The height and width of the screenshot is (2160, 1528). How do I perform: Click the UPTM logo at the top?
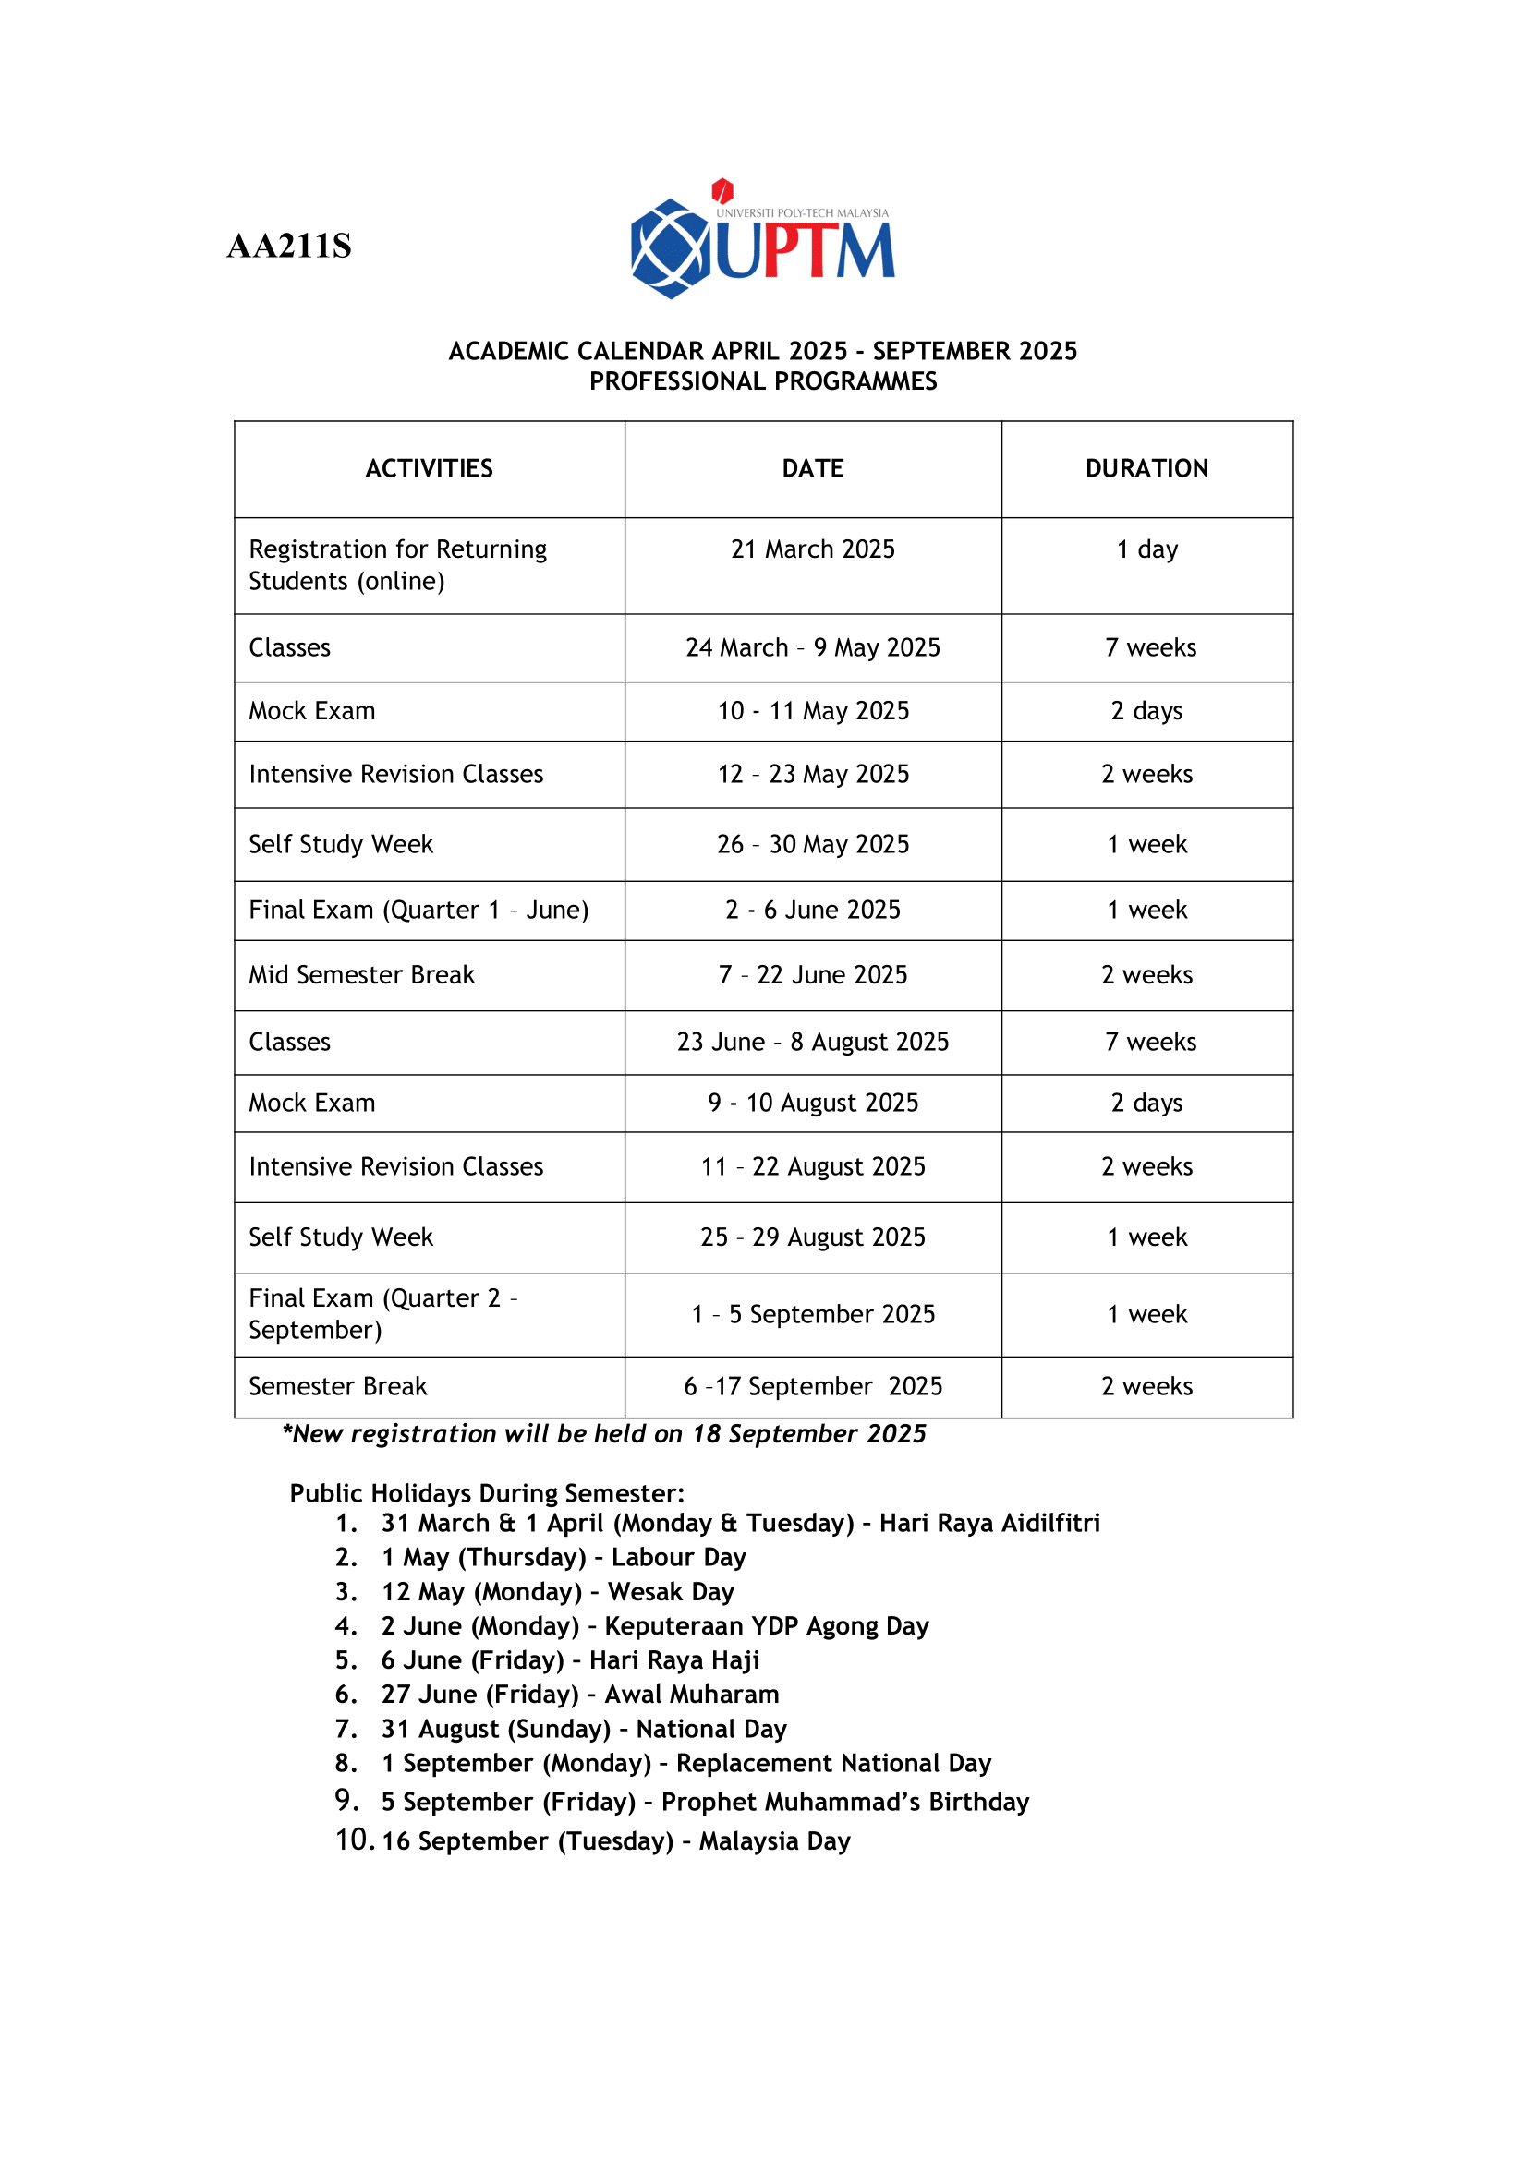pos(762,240)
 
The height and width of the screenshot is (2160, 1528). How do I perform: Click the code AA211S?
pos(289,247)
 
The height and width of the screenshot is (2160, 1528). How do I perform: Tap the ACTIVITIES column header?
pos(429,468)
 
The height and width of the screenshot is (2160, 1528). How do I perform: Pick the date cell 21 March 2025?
pos(813,549)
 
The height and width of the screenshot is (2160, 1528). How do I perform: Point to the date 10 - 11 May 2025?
pos(813,711)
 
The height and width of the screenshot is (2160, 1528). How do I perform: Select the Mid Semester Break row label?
pos(361,975)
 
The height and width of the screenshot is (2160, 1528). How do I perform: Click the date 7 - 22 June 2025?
pos(813,975)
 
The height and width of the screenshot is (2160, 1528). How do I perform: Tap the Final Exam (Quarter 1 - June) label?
pos(418,911)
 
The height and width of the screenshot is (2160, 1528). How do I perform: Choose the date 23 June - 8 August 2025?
pos(813,1043)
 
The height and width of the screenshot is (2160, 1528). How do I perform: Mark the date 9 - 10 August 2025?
pos(813,1104)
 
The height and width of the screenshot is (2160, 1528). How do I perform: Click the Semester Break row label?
pos(338,1387)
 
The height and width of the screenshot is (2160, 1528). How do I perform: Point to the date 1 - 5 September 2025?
pos(813,1315)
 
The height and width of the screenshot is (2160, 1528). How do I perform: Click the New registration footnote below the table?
pos(604,1435)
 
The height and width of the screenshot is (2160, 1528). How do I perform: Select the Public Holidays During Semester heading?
pos(487,1494)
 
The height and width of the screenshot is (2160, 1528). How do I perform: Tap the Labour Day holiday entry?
pos(563,1558)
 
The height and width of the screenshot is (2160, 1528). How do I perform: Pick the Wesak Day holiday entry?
pos(557,1593)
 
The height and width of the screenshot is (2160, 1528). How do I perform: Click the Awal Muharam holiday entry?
pos(579,1695)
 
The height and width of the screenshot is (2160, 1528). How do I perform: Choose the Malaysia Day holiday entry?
pos(615,1842)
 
